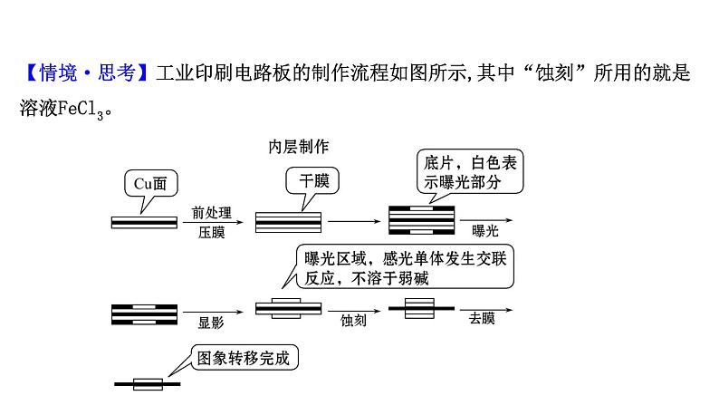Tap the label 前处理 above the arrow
coord(210,213)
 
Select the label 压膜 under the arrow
coord(210,233)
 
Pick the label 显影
coord(211,321)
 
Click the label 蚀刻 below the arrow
coord(353,321)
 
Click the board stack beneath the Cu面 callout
coord(146,222)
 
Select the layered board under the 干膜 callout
coord(288,221)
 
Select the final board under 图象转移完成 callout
coord(148,384)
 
